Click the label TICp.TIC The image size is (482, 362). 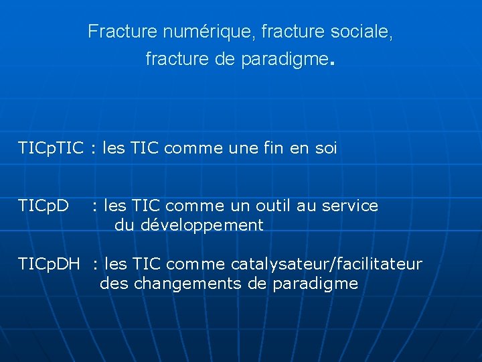tap(51, 149)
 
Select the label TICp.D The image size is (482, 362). tap(44, 206)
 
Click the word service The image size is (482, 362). tap(349, 206)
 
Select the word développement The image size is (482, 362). tap(202, 225)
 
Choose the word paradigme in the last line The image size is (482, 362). tap(315, 284)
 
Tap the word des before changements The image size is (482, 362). tap(114, 284)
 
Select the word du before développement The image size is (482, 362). tap(125, 225)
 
